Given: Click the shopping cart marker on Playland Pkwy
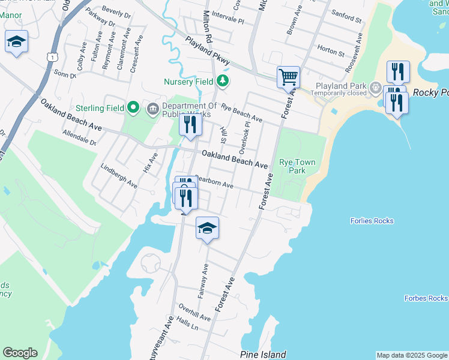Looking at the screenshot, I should pos(289,77).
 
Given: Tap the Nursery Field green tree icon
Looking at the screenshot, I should pos(223,80).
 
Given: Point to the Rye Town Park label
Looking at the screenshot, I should pos(292,166).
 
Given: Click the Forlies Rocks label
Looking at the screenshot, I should pos(372,221).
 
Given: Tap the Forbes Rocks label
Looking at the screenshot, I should pos(426,298).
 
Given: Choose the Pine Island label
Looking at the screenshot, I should pos(262,355).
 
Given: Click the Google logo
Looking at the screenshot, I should pos(20,353).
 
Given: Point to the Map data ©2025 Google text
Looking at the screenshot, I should pos(412,355).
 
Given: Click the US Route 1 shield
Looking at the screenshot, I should pos(54,57).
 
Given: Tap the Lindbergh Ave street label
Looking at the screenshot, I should pos(119,176).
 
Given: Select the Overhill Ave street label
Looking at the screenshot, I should pos(194,314).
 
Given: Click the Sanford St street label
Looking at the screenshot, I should pos(348,20).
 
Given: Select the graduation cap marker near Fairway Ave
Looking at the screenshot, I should pos(207,228).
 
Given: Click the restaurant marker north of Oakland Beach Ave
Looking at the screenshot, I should pos(190,125).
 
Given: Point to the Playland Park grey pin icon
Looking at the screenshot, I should pos(376,86).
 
